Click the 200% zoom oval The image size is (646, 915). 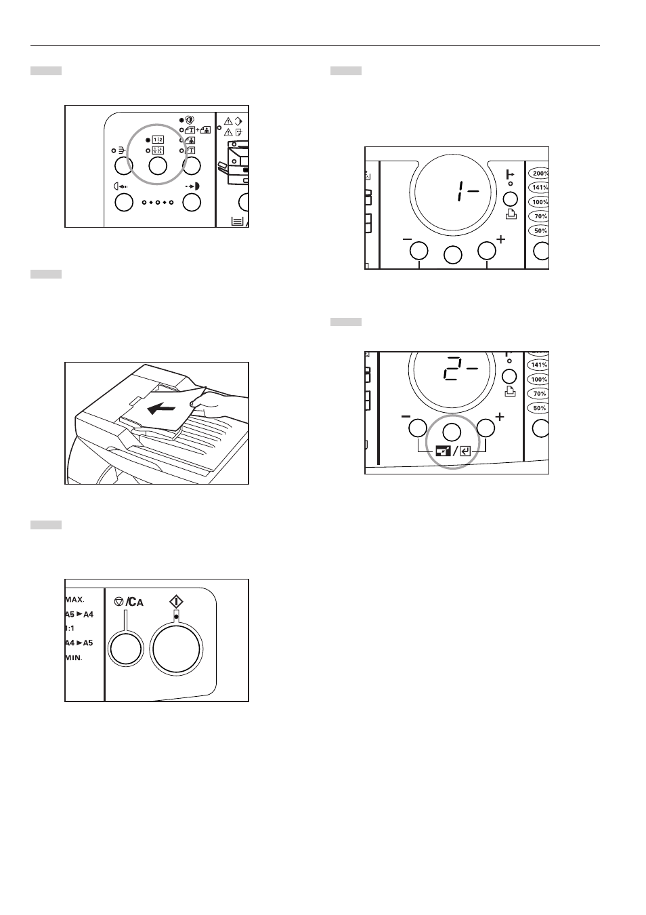tap(539, 174)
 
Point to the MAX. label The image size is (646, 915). tap(74, 600)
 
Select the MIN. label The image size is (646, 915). tap(74, 657)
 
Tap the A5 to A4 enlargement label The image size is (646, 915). tap(79, 614)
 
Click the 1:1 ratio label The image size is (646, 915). tap(70, 628)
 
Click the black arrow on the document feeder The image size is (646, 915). tap(162, 407)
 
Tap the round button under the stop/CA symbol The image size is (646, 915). tap(126, 649)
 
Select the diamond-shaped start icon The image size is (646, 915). tap(176, 601)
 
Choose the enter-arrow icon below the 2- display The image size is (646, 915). tap(465, 451)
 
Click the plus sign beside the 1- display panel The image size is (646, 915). tap(500, 239)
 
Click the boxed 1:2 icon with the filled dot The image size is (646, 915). tap(158, 140)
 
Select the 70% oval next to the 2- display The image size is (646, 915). tap(540, 394)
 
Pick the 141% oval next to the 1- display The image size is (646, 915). tap(539, 188)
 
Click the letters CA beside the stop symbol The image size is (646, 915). tap(135, 602)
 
